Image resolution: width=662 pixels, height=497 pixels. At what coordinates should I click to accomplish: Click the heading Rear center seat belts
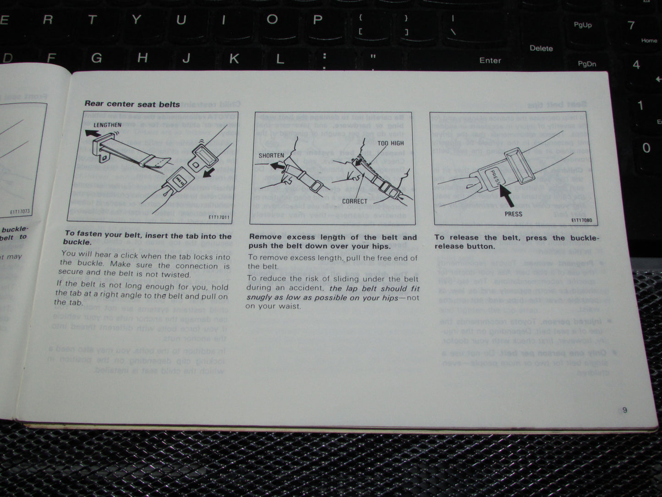pos(132,104)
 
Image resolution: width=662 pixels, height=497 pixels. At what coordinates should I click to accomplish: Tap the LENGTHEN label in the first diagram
pos(107,125)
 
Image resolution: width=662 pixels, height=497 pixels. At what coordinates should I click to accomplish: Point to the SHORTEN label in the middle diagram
pos(271,155)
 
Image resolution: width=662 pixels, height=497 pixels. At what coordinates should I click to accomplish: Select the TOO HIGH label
pos(390,144)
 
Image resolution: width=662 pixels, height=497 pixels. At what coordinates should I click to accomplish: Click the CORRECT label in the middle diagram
pos(355,201)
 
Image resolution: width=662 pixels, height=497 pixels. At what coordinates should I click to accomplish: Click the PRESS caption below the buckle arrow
pos(513,214)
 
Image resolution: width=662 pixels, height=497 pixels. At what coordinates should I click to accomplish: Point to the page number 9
pos(624,410)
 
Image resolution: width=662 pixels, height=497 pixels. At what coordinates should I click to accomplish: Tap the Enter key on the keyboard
pos(490,60)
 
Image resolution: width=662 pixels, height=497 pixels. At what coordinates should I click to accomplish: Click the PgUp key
pos(583,25)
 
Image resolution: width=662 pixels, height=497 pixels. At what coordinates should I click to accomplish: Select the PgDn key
pos(587,64)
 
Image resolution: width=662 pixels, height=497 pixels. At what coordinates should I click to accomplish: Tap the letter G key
pos(96,58)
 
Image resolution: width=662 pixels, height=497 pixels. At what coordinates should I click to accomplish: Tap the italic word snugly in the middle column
pos(260,297)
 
